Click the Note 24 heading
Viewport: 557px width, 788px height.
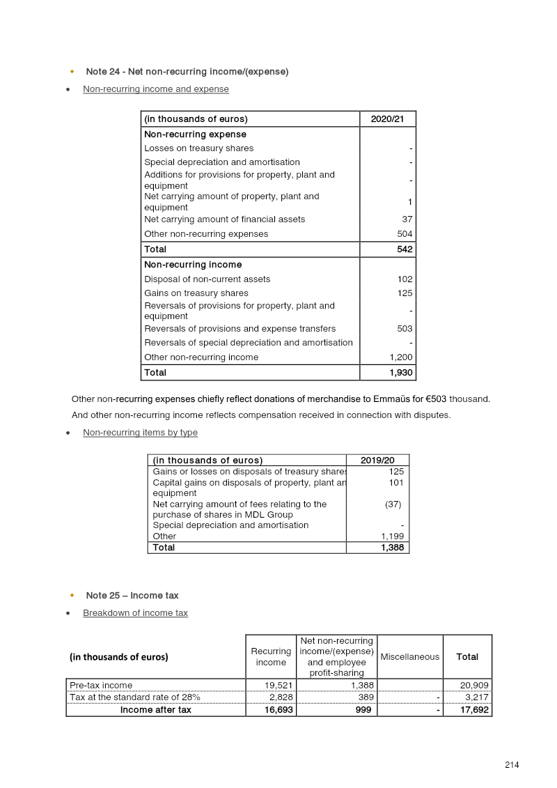point(187,72)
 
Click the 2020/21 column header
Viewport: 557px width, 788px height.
point(387,119)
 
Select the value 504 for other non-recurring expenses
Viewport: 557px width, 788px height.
point(405,234)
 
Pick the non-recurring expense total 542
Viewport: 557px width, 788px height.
point(405,249)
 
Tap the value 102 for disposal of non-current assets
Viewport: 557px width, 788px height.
point(405,279)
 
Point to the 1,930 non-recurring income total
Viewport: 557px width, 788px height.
point(401,373)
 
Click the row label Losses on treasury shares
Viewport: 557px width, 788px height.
point(198,148)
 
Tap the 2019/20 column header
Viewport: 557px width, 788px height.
point(377,461)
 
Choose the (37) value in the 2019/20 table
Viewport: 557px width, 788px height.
point(393,504)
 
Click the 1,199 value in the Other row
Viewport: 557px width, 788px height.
point(392,536)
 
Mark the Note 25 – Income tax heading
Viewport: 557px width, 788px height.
point(132,596)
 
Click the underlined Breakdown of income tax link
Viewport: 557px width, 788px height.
point(135,613)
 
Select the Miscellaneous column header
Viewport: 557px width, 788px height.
point(410,656)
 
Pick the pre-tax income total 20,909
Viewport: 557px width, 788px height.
point(474,686)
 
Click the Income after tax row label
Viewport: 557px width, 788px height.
point(156,710)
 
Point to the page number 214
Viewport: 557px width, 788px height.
point(512,765)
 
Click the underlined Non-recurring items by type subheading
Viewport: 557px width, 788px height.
point(140,433)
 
